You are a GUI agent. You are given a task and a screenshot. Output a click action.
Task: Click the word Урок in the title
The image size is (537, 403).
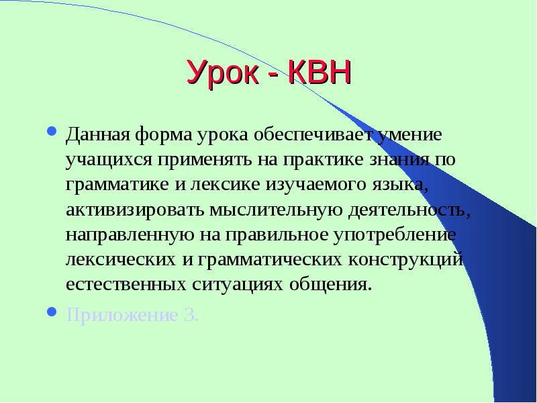(x=223, y=73)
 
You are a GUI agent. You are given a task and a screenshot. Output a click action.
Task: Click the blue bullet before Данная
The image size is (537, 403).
(x=52, y=131)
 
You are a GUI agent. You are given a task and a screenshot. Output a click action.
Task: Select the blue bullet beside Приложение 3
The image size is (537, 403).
(x=52, y=312)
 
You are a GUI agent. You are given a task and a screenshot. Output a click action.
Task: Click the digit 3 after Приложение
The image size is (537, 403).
(x=191, y=315)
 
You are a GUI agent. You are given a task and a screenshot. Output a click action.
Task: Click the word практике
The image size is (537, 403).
(x=323, y=160)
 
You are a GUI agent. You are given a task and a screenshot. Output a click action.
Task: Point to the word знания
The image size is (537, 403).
(x=399, y=160)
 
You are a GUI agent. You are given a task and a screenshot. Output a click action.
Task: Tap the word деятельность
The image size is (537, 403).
(x=409, y=210)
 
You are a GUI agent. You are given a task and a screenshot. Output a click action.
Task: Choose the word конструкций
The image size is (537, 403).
(x=406, y=260)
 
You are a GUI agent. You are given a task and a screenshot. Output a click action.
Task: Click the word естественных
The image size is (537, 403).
(x=126, y=285)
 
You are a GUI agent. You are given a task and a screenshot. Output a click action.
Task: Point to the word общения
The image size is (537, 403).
(x=330, y=285)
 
